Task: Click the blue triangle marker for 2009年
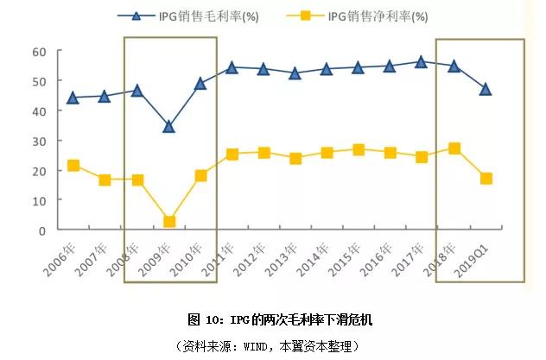(168, 127)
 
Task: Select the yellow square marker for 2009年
(169, 222)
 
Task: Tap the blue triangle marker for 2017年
(422, 62)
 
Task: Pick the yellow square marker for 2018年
(454, 148)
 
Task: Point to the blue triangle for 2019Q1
(486, 90)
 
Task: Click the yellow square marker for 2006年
(73, 166)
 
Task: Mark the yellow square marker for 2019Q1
(486, 179)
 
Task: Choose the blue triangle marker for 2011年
(232, 67)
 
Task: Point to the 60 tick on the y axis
(38, 52)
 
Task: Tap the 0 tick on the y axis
(41, 231)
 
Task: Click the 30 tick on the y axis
(38, 141)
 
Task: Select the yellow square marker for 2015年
(359, 150)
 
